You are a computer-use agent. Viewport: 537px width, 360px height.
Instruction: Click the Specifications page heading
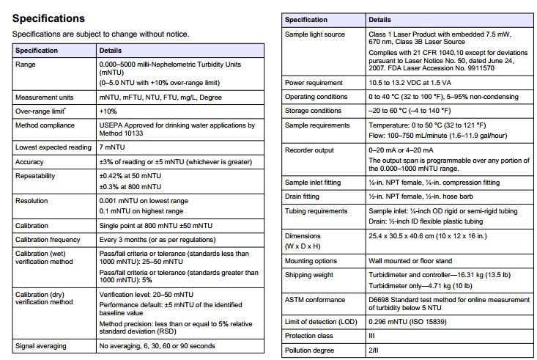[x=48, y=18]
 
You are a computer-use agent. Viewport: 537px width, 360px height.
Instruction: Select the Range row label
[x=26, y=65]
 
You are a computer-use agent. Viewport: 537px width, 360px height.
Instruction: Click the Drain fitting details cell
[x=425, y=196]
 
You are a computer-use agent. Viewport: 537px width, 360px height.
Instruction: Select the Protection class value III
[x=371, y=337]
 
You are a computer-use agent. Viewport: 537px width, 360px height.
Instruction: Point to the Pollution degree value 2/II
[x=374, y=350]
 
